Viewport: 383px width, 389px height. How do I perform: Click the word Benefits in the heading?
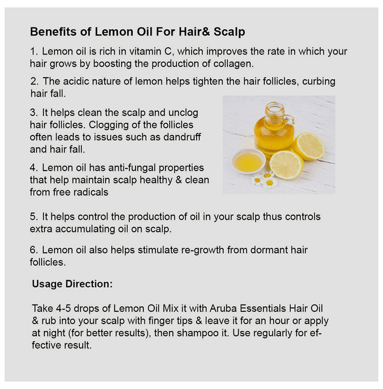[x=53, y=32]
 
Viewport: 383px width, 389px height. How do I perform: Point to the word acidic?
[x=73, y=81]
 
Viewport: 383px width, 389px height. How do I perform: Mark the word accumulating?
[x=85, y=229]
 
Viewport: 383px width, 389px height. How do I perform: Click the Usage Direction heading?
[x=72, y=284]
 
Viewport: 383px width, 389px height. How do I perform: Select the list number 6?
[x=33, y=250]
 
